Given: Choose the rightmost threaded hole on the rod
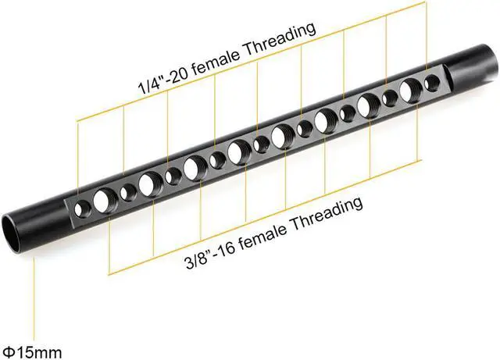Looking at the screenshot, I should (x=430, y=84).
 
